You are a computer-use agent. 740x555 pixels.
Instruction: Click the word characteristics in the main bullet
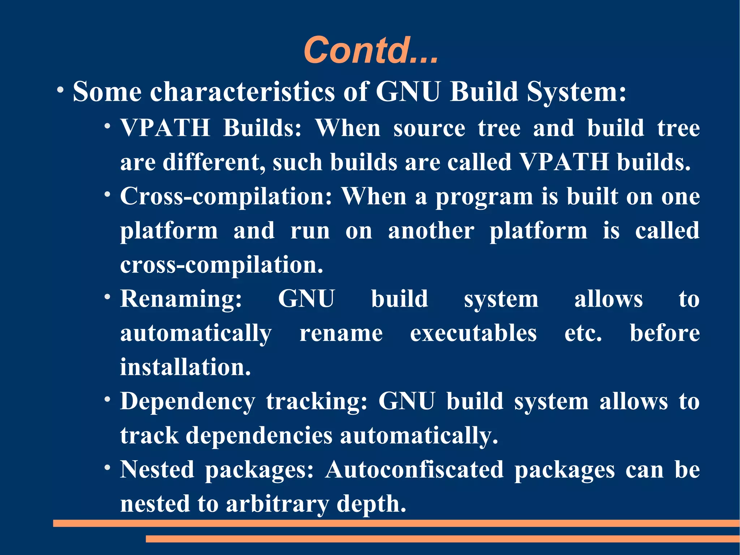[x=242, y=91]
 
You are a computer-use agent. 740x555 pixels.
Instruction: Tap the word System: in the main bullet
[x=576, y=91]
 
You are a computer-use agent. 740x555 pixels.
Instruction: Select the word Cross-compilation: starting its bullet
[x=226, y=197]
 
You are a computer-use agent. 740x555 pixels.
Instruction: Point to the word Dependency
[x=187, y=402]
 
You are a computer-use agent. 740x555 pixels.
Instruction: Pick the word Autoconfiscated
[x=414, y=470]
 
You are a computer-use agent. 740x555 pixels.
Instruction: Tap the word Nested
[x=157, y=470]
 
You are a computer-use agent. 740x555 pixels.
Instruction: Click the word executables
[x=473, y=333]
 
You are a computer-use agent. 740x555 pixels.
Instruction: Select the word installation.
[x=185, y=367]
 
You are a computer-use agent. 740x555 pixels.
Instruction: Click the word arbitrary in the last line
[x=277, y=504]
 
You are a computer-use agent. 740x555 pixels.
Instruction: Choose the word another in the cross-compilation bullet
[x=431, y=231]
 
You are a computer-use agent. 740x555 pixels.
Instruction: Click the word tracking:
[x=317, y=402]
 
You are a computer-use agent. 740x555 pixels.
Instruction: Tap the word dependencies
[x=259, y=435]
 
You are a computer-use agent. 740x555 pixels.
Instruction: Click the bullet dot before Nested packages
[x=107, y=468]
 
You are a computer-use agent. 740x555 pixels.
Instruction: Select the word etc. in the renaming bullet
[x=583, y=333]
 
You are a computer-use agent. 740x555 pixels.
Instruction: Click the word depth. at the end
[x=371, y=504]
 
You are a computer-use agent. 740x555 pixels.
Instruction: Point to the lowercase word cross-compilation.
[x=221, y=265]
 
